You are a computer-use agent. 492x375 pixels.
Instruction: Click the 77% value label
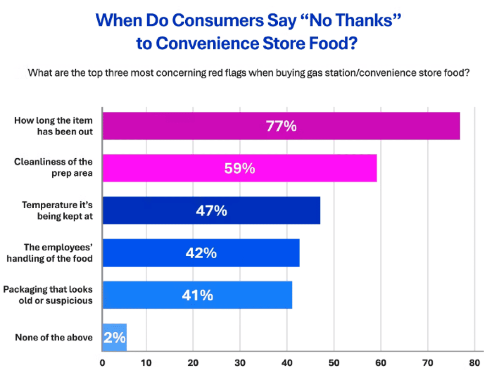tap(281, 126)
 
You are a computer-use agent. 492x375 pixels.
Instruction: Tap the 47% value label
tap(211, 211)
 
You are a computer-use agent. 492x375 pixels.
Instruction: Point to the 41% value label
tap(197, 295)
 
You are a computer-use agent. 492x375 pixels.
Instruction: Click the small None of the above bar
tap(115, 337)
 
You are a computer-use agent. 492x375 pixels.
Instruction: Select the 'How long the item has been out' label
tap(53, 126)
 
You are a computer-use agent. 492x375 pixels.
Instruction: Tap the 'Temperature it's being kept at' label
tap(57, 211)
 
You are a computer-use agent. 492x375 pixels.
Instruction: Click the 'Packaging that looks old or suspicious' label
tap(48, 295)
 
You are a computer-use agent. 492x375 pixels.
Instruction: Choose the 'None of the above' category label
tap(54, 337)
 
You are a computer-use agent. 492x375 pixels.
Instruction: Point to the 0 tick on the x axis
tap(102, 363)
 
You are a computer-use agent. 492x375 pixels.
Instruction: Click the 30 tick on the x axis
tap(240, 363)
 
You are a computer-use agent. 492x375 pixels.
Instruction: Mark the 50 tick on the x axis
tap(334, 363)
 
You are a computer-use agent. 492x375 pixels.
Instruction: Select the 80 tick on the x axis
tap(474, 363)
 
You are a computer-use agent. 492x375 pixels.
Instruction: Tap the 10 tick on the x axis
tap(146, 363)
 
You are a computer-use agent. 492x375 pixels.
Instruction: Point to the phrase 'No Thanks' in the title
tap(350, 20)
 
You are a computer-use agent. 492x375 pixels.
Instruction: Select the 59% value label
tap(239, 168)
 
